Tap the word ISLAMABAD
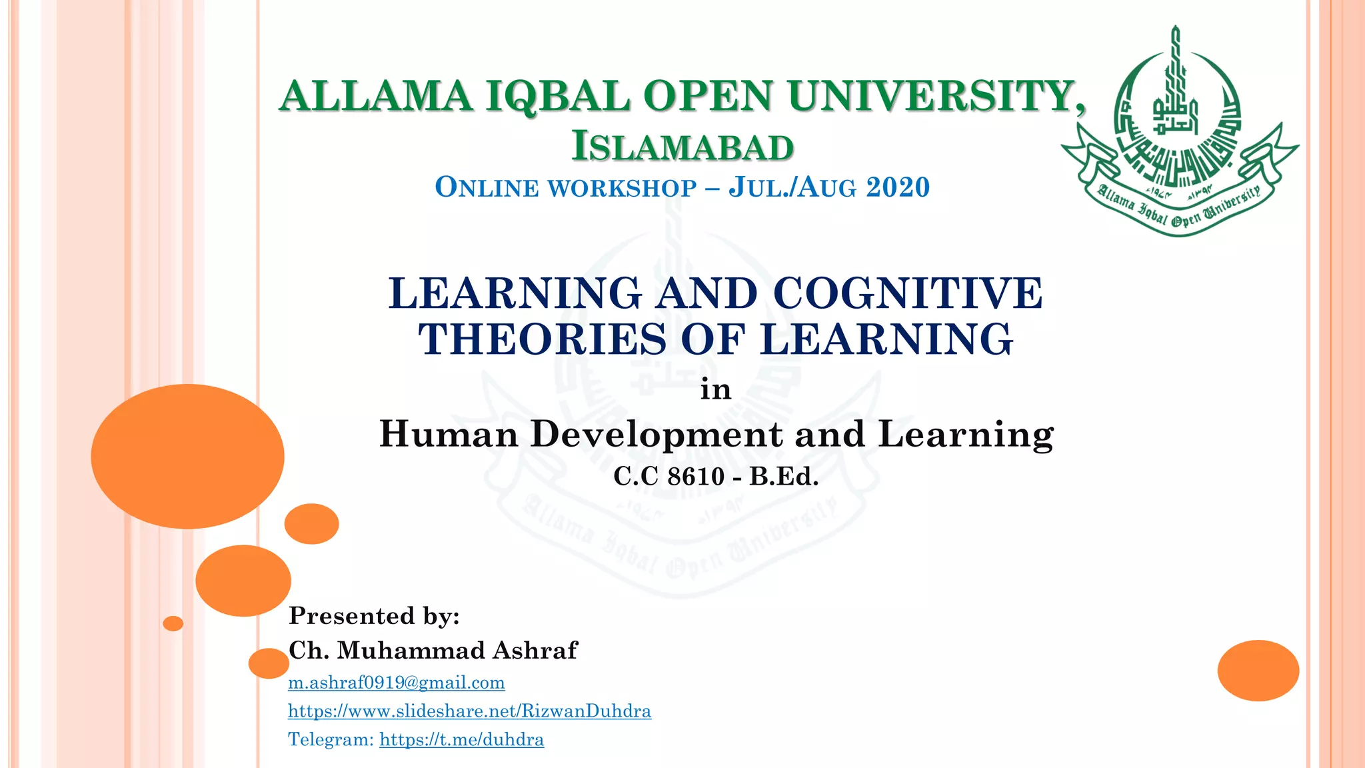(x=682, y=147)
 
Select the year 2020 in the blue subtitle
(x=897, y=187)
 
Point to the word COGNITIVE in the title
(x=908, y=293)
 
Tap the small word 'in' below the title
(x=716, y=389)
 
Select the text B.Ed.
(x=784, y=476)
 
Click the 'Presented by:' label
(x=374, y=615)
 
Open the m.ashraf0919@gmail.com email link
(x=397, y=683)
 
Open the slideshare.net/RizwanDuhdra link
(x=469, y=711)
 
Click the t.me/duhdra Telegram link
(x=462, y=739)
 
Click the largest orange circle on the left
(x=187, y=456)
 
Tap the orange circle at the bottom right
(x=1258, y=670)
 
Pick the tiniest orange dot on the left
(x=173, y=623)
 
